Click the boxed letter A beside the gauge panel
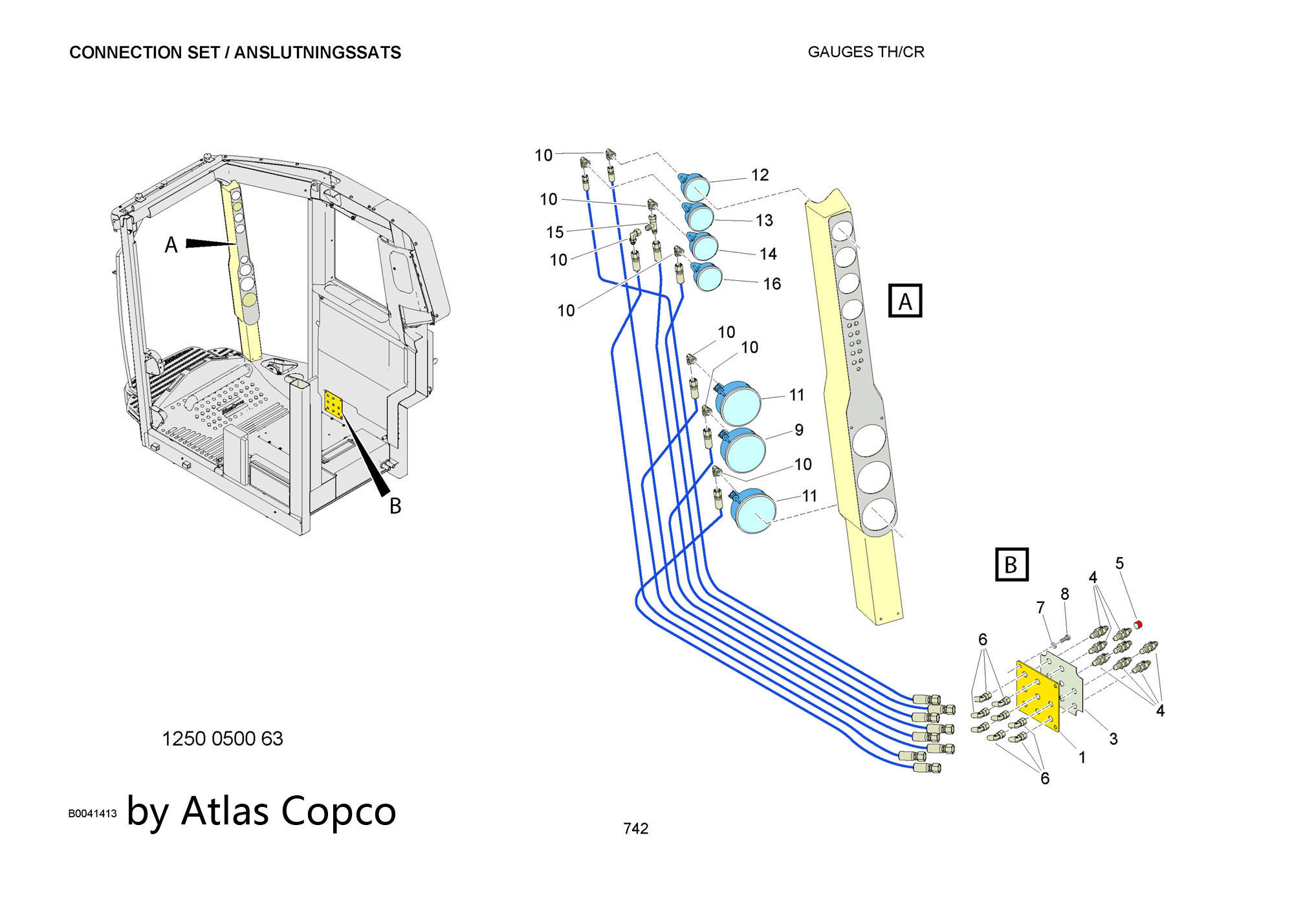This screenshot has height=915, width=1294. pos(905,301)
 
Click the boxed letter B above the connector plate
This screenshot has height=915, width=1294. pos(1011,565)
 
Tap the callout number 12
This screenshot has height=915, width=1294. pos(760,175)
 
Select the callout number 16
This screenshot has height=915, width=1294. pos(772,283)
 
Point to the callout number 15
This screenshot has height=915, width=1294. pos(554,232)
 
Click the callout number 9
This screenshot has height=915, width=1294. pos(799,430)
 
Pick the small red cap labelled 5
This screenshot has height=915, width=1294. pos(1139,624)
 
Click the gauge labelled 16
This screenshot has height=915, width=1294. pos(707,276)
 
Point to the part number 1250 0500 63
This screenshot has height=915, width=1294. pos(222,738)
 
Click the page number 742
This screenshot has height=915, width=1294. pos(635,828)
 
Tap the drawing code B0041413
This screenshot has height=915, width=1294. pos(93,813)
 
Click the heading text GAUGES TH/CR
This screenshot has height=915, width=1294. pos(866,52)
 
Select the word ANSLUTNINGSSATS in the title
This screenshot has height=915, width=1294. pos(317,52)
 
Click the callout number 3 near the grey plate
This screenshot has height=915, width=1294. pos(1113,738)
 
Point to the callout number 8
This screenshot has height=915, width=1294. pos(1064,594)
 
